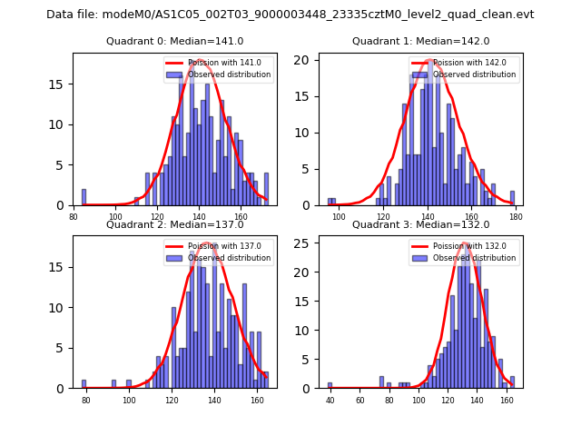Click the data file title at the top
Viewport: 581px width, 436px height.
290,15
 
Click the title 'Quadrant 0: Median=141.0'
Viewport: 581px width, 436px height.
175,41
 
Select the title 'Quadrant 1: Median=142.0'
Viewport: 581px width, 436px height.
420,41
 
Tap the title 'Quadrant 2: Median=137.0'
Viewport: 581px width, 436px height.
175,224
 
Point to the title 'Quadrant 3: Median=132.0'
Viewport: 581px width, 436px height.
420,224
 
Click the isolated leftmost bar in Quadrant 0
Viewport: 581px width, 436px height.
84,197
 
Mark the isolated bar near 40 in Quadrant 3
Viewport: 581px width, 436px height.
330,385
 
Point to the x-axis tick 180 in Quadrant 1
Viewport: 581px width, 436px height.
516,216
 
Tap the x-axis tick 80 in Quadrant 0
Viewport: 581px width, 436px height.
74,216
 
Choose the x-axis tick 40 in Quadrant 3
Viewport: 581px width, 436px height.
330,400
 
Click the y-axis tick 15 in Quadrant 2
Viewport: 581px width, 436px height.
62,267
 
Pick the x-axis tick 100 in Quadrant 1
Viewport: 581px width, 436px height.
339,216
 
